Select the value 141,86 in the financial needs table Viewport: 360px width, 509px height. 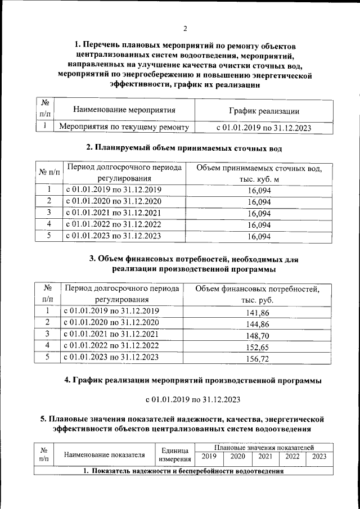(x=258, y=312)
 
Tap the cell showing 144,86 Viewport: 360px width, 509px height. (x=258, y=323)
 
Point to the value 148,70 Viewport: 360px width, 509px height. (x=258, y=335)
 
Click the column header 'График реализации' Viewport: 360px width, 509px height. (x=263, y=111)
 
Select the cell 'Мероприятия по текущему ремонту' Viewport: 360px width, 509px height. (x=124, y=128)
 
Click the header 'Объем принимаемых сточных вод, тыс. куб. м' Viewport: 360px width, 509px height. (x=259, y=174)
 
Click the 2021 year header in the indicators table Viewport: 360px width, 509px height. (x=264, y=457)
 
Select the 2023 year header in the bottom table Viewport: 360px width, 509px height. (x=319, y=457)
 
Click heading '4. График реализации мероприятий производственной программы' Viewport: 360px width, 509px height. (x=193, y=381)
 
